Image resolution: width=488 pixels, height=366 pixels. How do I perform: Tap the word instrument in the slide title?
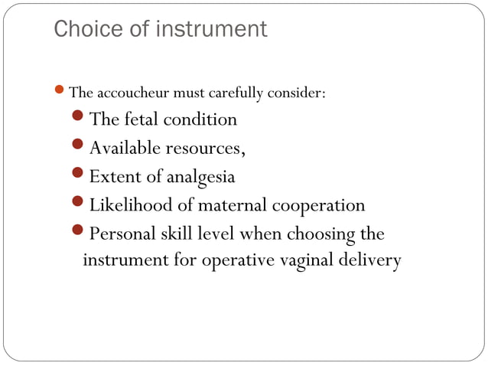pos(209,30)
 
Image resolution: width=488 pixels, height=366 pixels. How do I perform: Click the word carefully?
pos(232,94)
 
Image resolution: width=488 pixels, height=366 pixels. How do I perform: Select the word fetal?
pos(141,119)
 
